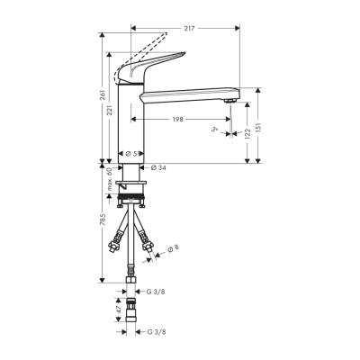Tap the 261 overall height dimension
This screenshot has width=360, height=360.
[104, 94]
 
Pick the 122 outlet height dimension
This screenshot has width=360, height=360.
[247, 133]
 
